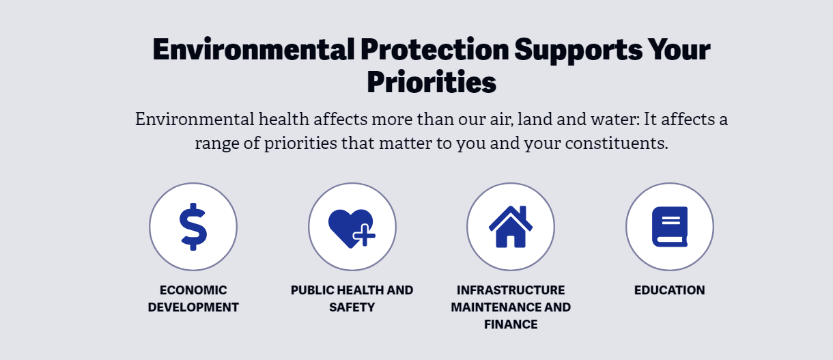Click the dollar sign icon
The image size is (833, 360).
(x=193, y=227)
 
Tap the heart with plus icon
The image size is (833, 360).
(x=352, y=228)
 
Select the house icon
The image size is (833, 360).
(x=511, y=227)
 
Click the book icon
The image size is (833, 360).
(x=669, y=227)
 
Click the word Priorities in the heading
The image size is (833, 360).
(x=432, y=82)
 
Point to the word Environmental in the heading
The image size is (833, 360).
(x=253, y=49)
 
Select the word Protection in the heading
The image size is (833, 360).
(x=434, y=49)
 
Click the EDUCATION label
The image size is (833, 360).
(x=669, y=290)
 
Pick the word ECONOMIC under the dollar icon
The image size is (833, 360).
(x=193, y=290)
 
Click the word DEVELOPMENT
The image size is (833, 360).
(x=193, y=307)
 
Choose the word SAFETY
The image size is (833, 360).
(x=352, y=307)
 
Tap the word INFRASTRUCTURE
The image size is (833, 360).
(x=511, y=290)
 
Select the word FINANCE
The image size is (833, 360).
(x=511, y=324)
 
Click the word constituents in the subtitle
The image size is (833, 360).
(x=616, y=143)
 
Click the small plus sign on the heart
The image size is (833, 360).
(x=364, y=235)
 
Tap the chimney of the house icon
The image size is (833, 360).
(x=523, y=212)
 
